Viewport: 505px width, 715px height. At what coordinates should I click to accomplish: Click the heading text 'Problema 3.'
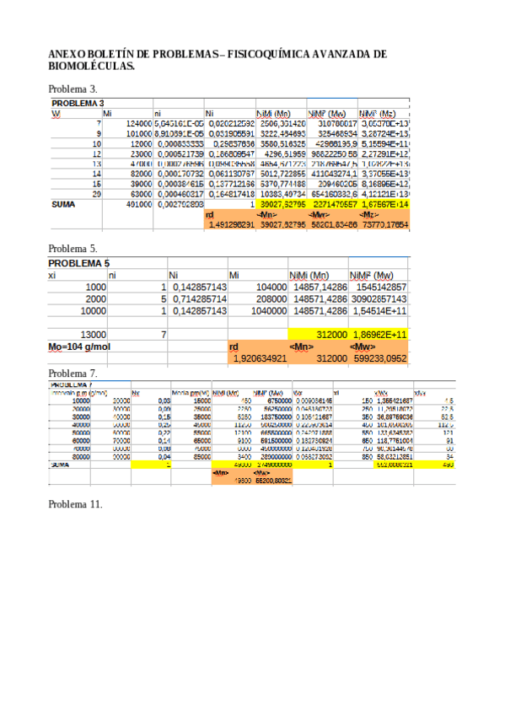[x=73, y=88]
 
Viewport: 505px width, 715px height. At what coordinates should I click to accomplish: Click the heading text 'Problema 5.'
[x=73, y=249]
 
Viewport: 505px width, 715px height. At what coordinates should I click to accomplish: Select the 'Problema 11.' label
[x=76, y=503]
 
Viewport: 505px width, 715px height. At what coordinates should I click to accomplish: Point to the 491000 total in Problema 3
[x=135, y=204]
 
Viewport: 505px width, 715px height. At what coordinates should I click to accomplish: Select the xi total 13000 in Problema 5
[x=93, y=335]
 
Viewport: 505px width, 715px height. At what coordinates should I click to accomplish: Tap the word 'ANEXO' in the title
[x=68, y=53]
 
